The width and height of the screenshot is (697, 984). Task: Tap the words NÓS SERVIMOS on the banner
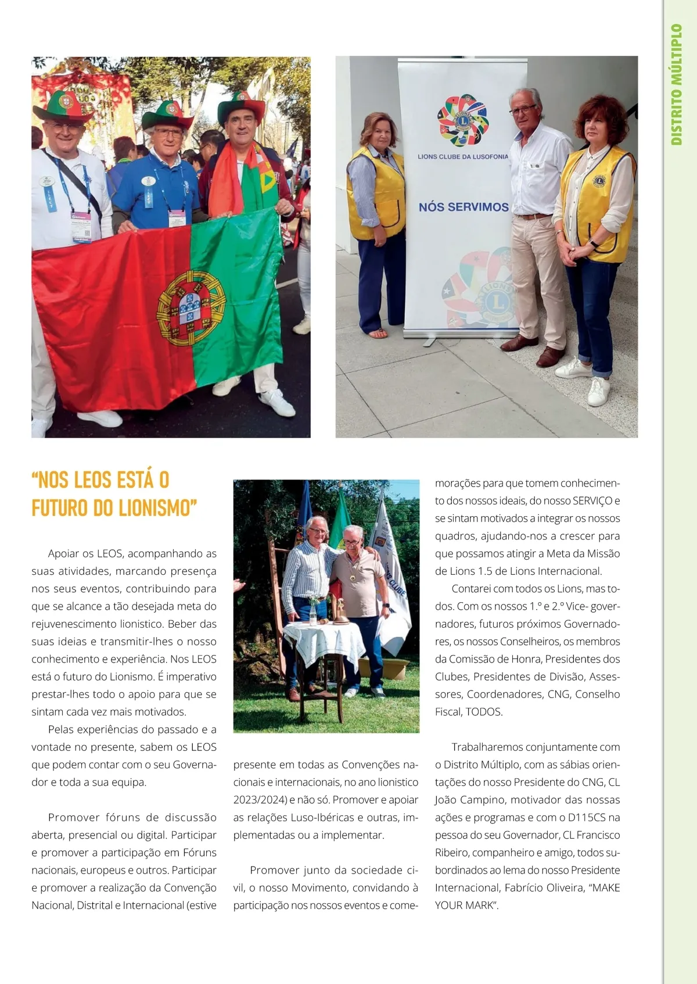464,207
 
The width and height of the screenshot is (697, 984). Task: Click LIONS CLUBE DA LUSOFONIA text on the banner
462,156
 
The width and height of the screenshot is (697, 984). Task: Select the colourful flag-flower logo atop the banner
463,120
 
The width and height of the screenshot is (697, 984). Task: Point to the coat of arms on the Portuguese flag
191,307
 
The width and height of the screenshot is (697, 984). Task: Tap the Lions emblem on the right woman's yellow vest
599,180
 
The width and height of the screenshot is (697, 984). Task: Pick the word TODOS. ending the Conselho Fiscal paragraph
484,711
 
